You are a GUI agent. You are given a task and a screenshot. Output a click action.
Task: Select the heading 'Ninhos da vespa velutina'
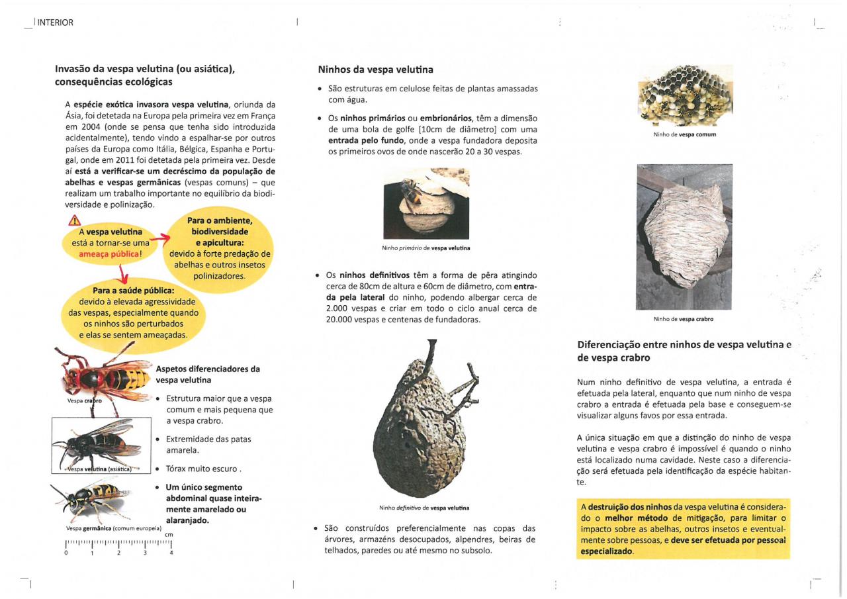coord(375,69)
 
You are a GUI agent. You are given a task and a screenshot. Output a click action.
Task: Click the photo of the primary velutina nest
coord(426,203)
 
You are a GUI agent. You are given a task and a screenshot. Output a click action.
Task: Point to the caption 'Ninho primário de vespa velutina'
coord(426,248)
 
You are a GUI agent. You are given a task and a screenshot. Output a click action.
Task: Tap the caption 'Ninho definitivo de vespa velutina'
coord(424,508)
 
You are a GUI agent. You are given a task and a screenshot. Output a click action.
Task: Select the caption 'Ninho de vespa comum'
coord(684,134)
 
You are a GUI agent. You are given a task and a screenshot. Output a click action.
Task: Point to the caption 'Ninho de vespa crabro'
coord(684,319)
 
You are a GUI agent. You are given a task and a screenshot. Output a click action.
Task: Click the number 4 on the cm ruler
coord(171,553)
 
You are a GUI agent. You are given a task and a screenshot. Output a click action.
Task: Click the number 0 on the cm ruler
coord(66,553)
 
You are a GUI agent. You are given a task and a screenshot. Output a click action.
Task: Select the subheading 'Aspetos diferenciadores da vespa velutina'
coord(207,375)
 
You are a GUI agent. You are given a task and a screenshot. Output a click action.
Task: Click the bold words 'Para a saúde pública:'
coord(134,291)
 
